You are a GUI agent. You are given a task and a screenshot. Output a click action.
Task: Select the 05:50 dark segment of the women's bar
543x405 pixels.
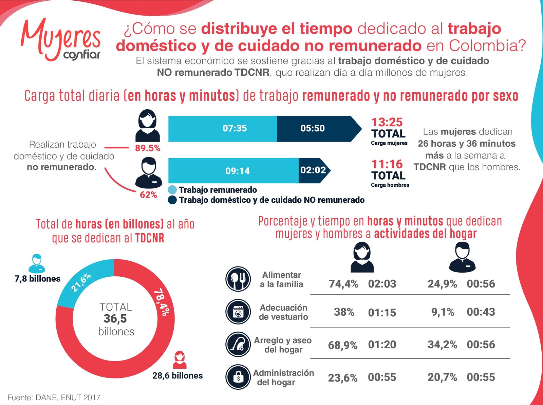click(313, 128)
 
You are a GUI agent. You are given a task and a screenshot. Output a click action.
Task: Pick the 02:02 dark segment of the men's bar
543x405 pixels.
click(313, 170)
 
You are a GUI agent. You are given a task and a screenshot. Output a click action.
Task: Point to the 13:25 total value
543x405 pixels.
click(387, 122)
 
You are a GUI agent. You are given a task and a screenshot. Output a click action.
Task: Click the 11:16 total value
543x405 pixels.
click(387, 164)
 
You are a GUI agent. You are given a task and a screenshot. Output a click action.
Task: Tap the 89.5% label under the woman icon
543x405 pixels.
click(148, 148)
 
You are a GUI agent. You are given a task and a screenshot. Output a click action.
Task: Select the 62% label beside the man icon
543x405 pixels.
click(148, 195)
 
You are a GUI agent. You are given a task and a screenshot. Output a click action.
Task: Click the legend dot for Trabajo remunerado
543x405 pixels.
click(172, 190)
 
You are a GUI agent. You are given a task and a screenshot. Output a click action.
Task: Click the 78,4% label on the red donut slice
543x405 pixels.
click(162, 302)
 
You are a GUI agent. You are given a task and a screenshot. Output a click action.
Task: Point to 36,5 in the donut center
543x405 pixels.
click(115, 319)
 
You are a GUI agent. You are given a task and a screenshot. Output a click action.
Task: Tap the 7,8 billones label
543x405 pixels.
click(37, 279)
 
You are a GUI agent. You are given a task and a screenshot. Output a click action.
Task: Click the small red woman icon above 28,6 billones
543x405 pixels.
click(180, 360)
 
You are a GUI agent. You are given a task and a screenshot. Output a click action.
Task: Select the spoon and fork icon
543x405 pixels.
click(238, 279)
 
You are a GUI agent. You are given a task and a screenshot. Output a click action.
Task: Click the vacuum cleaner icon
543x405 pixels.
click(238, 344)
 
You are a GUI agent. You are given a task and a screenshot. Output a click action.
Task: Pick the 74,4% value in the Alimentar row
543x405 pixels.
click(343, 284)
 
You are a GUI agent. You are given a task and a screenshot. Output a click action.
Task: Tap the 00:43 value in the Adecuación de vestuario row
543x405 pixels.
click(481, 312)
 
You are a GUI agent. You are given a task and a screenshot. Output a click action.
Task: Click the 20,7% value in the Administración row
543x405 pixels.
click(442, 377)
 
